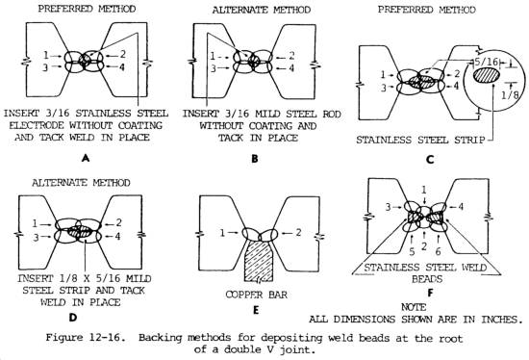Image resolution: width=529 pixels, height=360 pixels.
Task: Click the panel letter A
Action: (x=86, y=158)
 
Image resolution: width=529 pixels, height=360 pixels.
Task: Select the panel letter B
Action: (x=255, y=159)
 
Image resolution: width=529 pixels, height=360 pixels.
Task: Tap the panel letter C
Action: (x=430, y=160)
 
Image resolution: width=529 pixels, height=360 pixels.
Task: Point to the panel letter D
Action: (x=72, y=318)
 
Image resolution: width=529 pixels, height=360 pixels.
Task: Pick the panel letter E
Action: (x=256, y=310)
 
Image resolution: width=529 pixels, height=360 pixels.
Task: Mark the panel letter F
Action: (x=430, y=293)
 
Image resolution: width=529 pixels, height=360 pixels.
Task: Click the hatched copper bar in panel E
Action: (x=259, y=260)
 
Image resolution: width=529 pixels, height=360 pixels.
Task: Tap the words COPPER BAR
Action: (x=257, y=295)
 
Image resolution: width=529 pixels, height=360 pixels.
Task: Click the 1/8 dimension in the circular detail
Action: (x=510, y=95)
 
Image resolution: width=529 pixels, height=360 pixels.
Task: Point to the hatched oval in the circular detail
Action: (x=487, y=76)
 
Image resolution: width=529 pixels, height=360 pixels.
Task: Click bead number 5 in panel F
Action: (x=412, y=251)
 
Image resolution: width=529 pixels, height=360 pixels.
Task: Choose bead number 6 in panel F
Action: (x=438, y=251)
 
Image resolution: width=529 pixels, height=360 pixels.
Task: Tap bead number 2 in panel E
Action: (x=298, y=232)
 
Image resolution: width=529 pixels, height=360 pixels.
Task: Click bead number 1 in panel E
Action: (x=222, y=233)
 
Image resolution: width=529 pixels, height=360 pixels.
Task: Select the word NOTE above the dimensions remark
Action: (x=414, y=307)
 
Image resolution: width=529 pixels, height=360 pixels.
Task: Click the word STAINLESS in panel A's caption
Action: (x=99, y=114)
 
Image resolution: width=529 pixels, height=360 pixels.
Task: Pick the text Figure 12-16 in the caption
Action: (x=83, y=337)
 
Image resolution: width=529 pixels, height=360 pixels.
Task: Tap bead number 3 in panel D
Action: (x=37, y=238)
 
